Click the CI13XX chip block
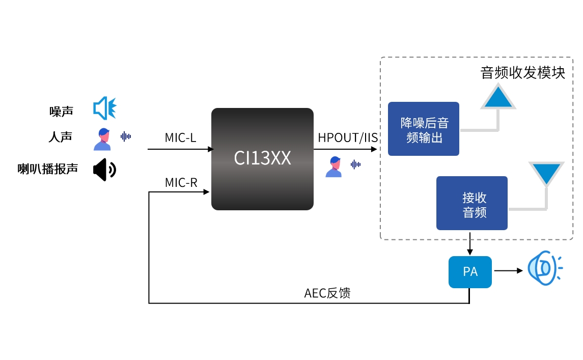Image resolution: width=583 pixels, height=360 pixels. pyautogui.click(x=262, y=159)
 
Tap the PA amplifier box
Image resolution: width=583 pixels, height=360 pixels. pyautogui.click(x=470, y=272)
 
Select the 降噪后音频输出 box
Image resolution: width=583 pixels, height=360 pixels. pyautogui.click(x=424, y=129)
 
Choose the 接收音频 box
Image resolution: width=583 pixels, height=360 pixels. pyautogui.click(x=472, y=203)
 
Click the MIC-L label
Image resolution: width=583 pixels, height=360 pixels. pyautogui.click(x=180, y=138)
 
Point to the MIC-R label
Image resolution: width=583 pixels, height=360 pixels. pyautogui.click(x=181, y=183)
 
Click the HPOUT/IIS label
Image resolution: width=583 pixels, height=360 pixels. pyautogui.click(x=348, y=138)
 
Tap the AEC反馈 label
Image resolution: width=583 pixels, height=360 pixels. pyautogui.click(x=327, y=293)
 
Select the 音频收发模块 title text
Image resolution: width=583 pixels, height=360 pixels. pyautogui.click(x=522, y=72)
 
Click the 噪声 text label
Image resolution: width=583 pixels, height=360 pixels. pyautogui.click(x=61, y=111)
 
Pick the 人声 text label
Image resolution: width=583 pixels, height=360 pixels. pyautogui.click(x=60, y=137)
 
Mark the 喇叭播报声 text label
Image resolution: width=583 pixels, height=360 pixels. pyautogui.click(x=47, y=169)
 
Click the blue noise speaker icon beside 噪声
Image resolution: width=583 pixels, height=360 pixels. pyautogui.click(x=105, y=108)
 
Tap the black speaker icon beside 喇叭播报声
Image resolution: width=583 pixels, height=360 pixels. pyautogui.click(x=104, y=170)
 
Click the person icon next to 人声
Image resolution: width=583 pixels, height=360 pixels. pyautogui.click(x=103, y=139)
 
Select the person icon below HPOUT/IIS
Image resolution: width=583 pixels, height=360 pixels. pyautogui.click(x=334, y=167)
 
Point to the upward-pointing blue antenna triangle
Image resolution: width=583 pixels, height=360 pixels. pyautogui.click(x=498, y=97)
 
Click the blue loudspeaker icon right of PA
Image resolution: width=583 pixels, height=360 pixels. pyautogui.click(x=545, y=268)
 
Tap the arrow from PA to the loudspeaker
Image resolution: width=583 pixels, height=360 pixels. pyautogui.click(x=509, y=271)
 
